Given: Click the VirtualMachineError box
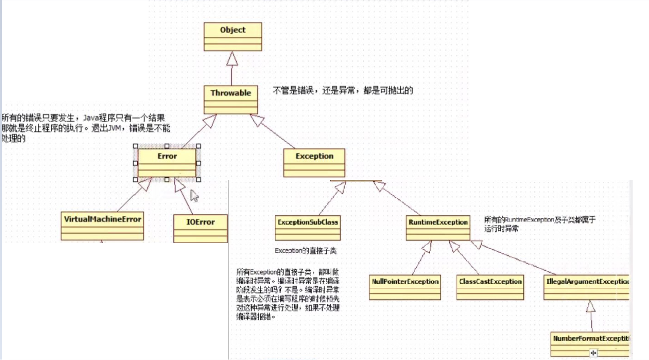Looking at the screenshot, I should coord(103,226).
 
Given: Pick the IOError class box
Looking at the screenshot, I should coord(200,228).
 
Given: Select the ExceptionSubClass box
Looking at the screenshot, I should coord(308,228).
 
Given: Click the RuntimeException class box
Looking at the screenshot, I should coord(438,228).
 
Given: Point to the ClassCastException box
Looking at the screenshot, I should coord(490,287).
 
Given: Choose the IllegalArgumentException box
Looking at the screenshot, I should coord(587,287).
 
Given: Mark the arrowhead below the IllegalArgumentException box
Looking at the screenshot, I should coord(591,306).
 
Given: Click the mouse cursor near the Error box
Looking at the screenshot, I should coord(194,196).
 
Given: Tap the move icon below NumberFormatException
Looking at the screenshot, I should coord(593,353).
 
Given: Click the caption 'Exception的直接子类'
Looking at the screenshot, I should coord(305,251).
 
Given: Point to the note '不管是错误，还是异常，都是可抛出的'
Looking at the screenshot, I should coord(343,91).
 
